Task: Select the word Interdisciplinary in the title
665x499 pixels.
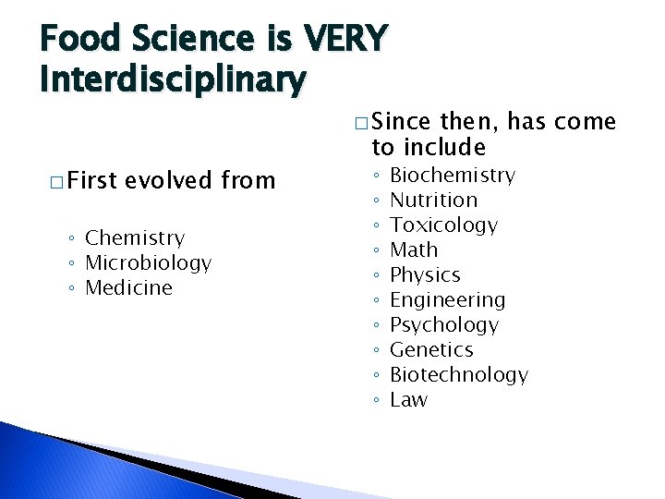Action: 172,79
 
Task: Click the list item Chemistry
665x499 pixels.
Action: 135,238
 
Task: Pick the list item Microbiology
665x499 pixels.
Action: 148,263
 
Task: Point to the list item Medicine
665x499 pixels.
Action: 128,288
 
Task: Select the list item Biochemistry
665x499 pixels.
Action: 453,176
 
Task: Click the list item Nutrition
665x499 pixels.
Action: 433,201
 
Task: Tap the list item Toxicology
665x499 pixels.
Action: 443,225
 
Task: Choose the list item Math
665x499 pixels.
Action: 414,250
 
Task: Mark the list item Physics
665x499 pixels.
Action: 425,275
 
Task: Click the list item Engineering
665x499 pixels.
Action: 448,300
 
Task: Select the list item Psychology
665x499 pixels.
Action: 444,325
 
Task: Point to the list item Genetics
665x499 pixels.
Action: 431,350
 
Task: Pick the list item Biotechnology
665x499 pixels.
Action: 459,375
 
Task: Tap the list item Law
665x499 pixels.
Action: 409,400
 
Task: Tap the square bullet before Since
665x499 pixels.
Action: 360,123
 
